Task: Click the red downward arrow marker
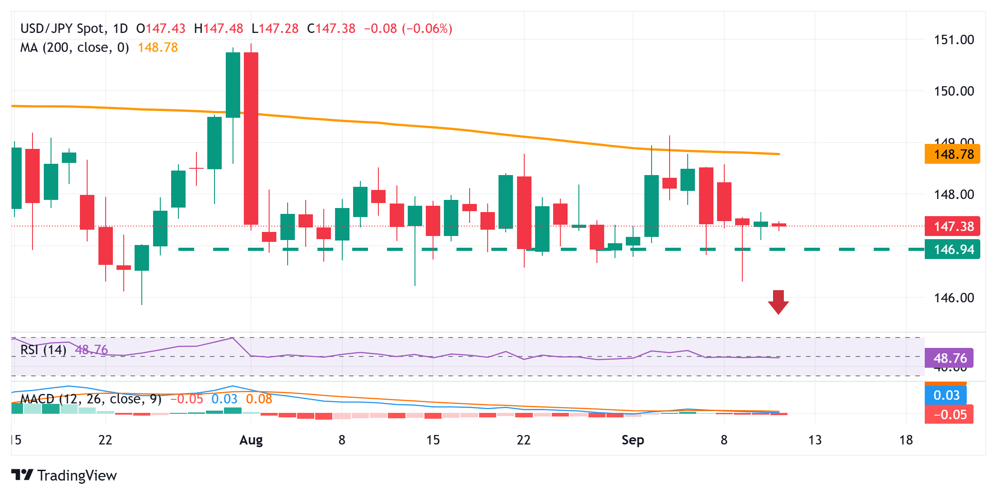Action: coord(778,302)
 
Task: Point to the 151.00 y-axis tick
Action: coord(954,40)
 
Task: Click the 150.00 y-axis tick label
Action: coord(954,91)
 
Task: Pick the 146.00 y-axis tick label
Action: coord(954,298)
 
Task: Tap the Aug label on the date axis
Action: coord(251,440)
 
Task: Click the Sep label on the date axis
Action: coord(633,440)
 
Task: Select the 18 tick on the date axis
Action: coord(906,440)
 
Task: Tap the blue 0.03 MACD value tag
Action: coord(946,395)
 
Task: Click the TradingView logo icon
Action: coord(22,475)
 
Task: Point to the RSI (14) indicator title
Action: coord(43,350)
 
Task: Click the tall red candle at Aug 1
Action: coord(251,138)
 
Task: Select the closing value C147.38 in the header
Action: coord(331,29)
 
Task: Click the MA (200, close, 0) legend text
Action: coord(75,47)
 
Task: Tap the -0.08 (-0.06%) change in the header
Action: coord(408,29)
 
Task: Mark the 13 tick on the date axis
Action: coord(815,440)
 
